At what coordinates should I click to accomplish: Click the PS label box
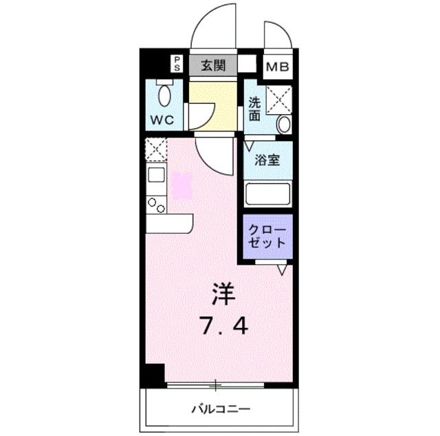coord(177,65)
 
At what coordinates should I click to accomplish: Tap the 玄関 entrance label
coord(213,66)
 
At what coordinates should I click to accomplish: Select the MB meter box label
coord(279,67)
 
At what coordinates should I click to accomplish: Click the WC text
coord(162,119)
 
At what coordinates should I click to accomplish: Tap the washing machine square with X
coord(279,98)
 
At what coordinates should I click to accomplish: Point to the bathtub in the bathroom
coord(268,194)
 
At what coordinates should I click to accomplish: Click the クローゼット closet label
coord(266,235)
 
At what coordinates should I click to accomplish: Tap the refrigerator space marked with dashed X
coord(155,149)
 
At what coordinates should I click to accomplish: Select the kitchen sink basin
coord(156,175)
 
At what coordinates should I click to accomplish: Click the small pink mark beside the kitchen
coord(182,185)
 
